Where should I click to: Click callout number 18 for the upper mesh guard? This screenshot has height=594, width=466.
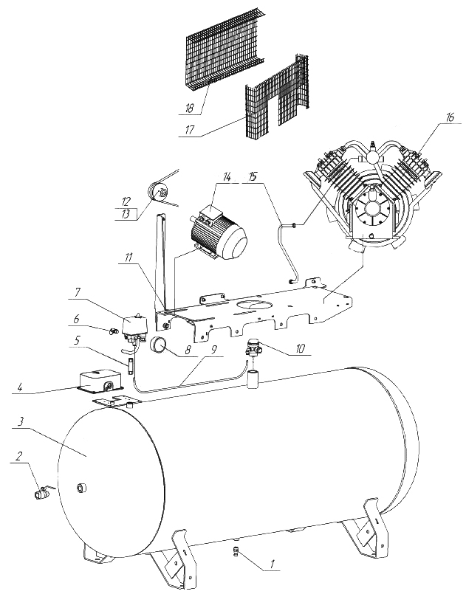coord(190,108)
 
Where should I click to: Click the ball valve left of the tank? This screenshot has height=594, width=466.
coord(41,492)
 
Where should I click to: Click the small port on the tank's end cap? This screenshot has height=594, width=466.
coord(81,488)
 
